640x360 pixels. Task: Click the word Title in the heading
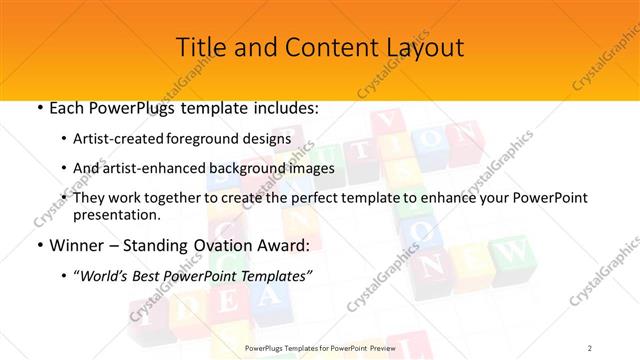coord(200,47)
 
